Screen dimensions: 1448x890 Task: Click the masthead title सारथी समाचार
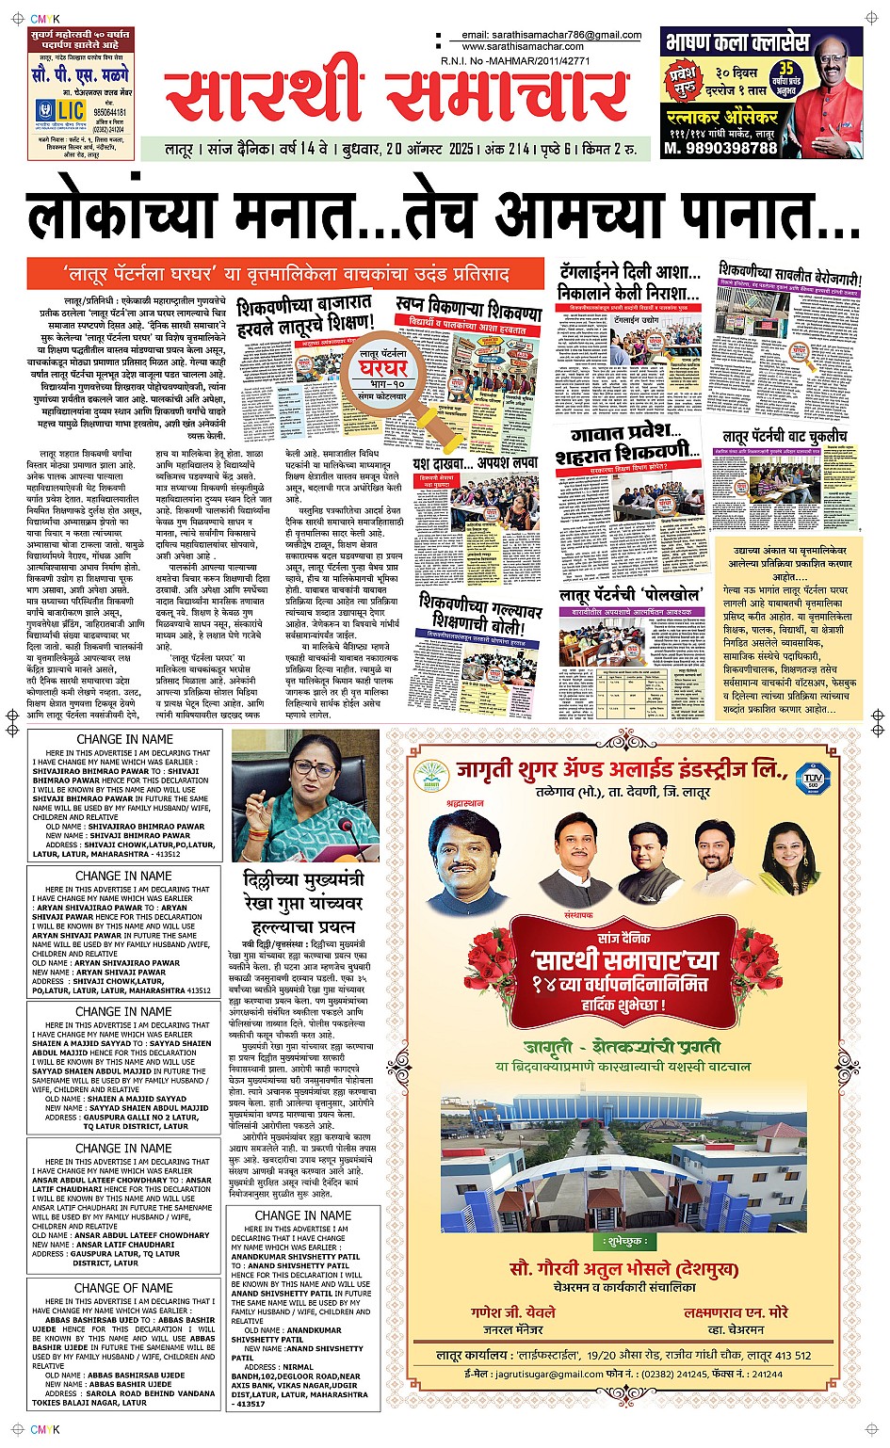[x=396, y=94]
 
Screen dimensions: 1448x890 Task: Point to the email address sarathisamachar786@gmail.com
[x=551, y=35]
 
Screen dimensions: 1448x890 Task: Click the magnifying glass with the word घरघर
[x=386, y=376]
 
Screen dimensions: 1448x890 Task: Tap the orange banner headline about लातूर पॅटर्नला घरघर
[x=286, y=273]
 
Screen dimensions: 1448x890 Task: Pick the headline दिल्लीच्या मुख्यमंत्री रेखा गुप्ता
[x=303, y=901]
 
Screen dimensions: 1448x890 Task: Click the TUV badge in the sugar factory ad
[x=812, y=778]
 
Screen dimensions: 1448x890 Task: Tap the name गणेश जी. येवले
[x=513, y=1312]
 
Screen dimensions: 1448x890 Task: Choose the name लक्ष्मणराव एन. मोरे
[x=736, y=1312]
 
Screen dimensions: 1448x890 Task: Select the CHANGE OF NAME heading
[x=123, y=1288]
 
